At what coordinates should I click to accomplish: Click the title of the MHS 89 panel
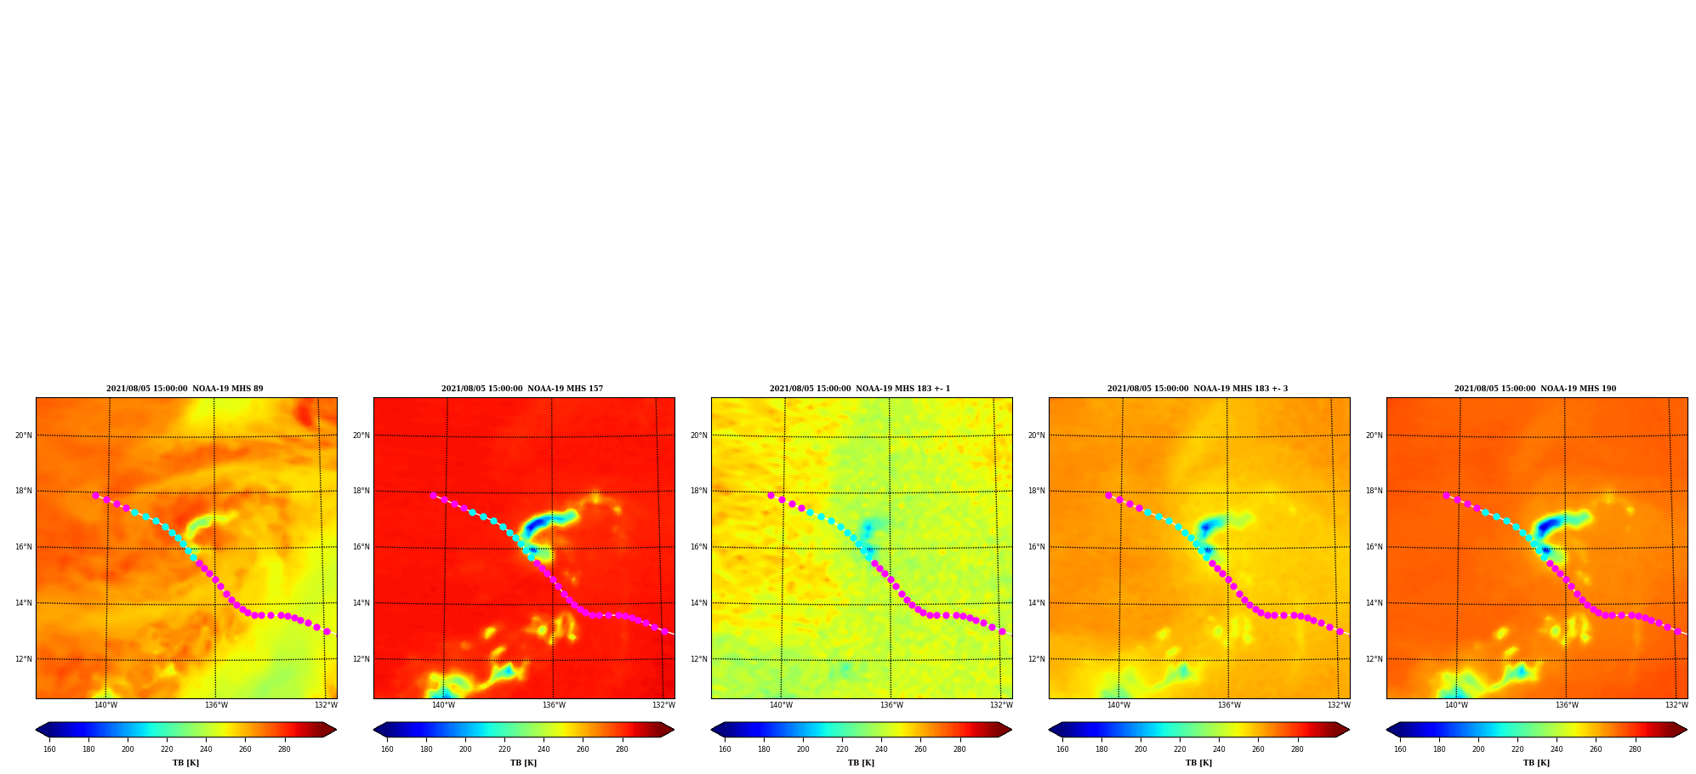click(x=185, y=389)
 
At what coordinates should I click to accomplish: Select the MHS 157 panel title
click(x=522, y=389)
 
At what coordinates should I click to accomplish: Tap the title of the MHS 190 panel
click(x=1535, y=389)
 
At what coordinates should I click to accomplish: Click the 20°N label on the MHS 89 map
click(x=23, y=435)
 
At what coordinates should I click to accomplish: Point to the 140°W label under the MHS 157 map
click(x=443, y=705)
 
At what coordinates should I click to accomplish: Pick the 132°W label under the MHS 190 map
click(x=1676, y=705)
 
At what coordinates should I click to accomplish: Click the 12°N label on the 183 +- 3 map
click(x=1036, y=659)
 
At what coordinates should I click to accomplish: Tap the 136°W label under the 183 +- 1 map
click(x=891, y=705)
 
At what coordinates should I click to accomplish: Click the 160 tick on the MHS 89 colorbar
click(x=49, y=749)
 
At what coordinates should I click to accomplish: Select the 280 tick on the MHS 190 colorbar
click(x=1635, y=749)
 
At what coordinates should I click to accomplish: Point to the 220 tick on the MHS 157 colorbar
click(x=504, y=749)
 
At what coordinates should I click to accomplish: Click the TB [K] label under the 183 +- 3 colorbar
click(x=1198, y=763)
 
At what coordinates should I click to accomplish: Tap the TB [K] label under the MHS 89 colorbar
click(x=185, y=763)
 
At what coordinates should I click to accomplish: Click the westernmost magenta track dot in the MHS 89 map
click(x=95, y=495)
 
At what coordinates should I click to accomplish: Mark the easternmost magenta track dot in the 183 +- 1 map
click(x=1002, y=631)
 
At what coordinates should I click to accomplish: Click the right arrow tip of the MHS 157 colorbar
click(x=674, y=730)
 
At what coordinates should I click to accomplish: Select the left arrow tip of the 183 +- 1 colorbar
click(x=711, y=730)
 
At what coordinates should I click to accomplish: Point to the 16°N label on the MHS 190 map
click(x=1374, y=547)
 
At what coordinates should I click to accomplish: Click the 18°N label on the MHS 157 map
click(x=361, y=491)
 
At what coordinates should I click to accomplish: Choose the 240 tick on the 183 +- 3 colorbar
click(x=1219, y=749)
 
